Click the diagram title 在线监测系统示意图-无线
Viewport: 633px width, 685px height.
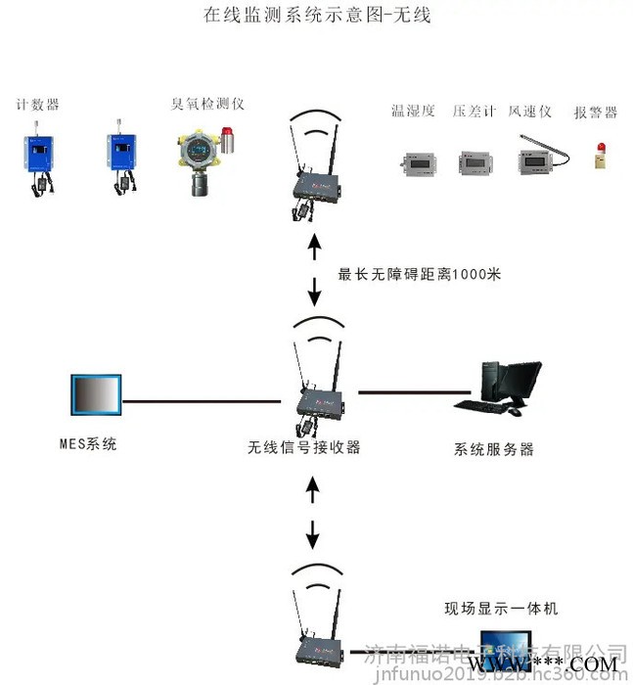[x=316, y=16]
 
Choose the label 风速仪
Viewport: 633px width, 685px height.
[x=529, y=112]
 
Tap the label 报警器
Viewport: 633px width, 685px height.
[x=595, y=113]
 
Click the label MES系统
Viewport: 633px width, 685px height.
[x=87, y=444]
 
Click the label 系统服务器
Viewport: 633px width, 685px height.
[x=494, y=450]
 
